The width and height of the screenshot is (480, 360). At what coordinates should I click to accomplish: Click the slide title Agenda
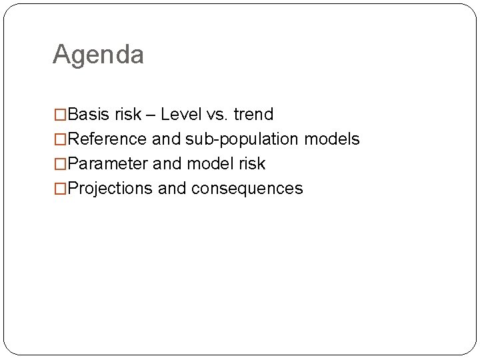(98, 55)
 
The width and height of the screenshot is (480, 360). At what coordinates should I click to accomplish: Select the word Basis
(89, 115)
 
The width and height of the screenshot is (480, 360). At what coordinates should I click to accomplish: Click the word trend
(253, 115)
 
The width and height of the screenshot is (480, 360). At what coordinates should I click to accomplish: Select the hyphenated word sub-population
(242, 139)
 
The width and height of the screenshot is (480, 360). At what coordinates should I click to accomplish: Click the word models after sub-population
(332, 139)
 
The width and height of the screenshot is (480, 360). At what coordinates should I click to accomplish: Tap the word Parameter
(108, 164)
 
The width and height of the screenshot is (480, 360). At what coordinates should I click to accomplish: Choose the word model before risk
(210, 164)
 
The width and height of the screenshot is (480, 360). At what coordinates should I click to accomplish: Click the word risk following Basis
(128, 115)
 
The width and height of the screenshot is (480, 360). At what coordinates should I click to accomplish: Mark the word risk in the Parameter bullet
(252, 164)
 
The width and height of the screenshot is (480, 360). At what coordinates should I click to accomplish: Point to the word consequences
(247, 189)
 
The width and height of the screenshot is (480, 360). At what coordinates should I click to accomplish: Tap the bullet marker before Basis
(60, 115)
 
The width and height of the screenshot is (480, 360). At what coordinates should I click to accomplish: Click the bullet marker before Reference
(60, 139)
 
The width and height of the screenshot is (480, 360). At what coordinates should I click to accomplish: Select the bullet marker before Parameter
(60, 164)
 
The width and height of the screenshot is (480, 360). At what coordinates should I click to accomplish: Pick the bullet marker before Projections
(60, 189)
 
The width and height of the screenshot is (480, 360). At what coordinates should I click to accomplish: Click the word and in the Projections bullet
(172, 189)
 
